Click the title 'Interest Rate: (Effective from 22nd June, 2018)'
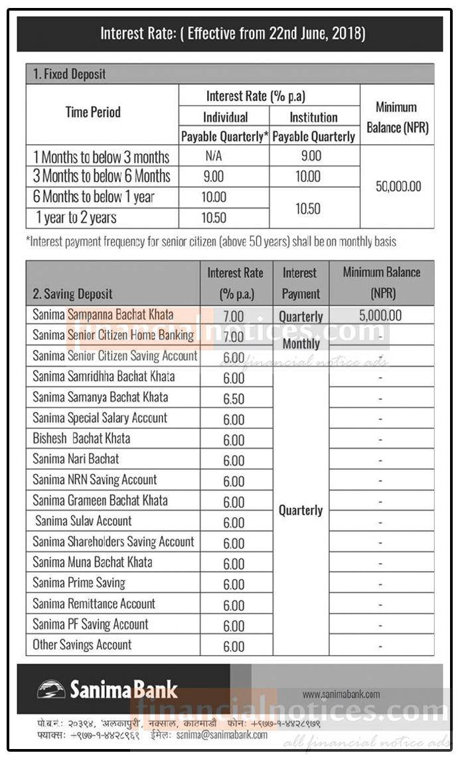click(232, 33)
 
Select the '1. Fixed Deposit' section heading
click(70, 74)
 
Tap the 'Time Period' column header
click(93, 112)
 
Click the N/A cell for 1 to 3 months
click(224, 157)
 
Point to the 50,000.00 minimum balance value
click(398, 187)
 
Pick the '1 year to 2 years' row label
click(76, 217)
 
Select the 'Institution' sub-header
click(313, 118)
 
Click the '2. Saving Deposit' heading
click(73, 294)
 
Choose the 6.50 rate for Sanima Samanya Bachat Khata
click(234, 399)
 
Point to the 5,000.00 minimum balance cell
click(380, 315)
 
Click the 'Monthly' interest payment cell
click(301, 344)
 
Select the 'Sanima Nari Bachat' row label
click(76, 459)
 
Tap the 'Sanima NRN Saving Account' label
click(94, 479)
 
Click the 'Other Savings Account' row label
click(82, 644)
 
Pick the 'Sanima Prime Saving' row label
click(79, 582)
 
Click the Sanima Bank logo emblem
click(50, 689)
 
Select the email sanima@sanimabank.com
click(223, 735)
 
